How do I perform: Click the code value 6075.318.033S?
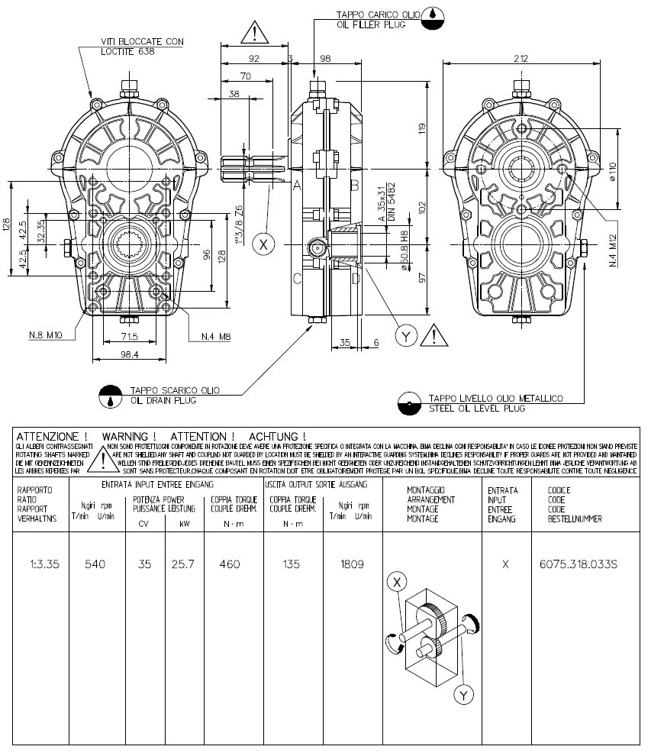tap(578, 564)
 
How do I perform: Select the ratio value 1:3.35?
tap(40, 564)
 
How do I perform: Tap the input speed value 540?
tap(95, 564)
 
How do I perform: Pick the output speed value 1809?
tap(352, 564)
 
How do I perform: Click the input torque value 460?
tap(229, 564)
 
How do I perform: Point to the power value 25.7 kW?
tap(184, 564)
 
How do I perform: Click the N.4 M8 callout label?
tap(217, 336)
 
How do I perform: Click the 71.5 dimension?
tap(127, 337)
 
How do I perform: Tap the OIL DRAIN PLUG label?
tap(163, 400)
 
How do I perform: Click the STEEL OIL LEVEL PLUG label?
tap(477, 409)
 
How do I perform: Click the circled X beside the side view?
tap(264, 244)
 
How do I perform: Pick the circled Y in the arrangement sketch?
tap(463, 695)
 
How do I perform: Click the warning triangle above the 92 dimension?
tap(253, 32)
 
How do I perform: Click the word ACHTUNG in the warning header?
tap(278, 436)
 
